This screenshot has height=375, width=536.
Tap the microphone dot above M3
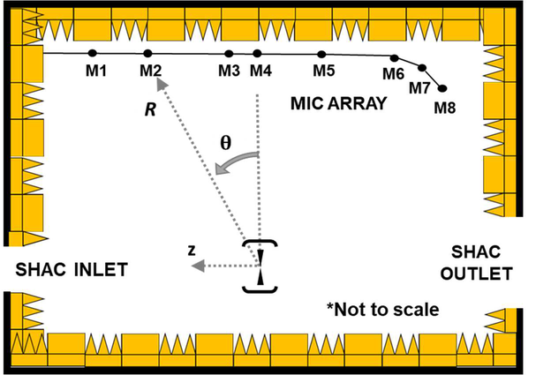[229, 54]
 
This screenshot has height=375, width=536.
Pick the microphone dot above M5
[322, 55]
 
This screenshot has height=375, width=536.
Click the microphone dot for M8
[442, 88]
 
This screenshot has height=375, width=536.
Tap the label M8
[448, 108]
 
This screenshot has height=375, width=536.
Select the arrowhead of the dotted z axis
[200, 265]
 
